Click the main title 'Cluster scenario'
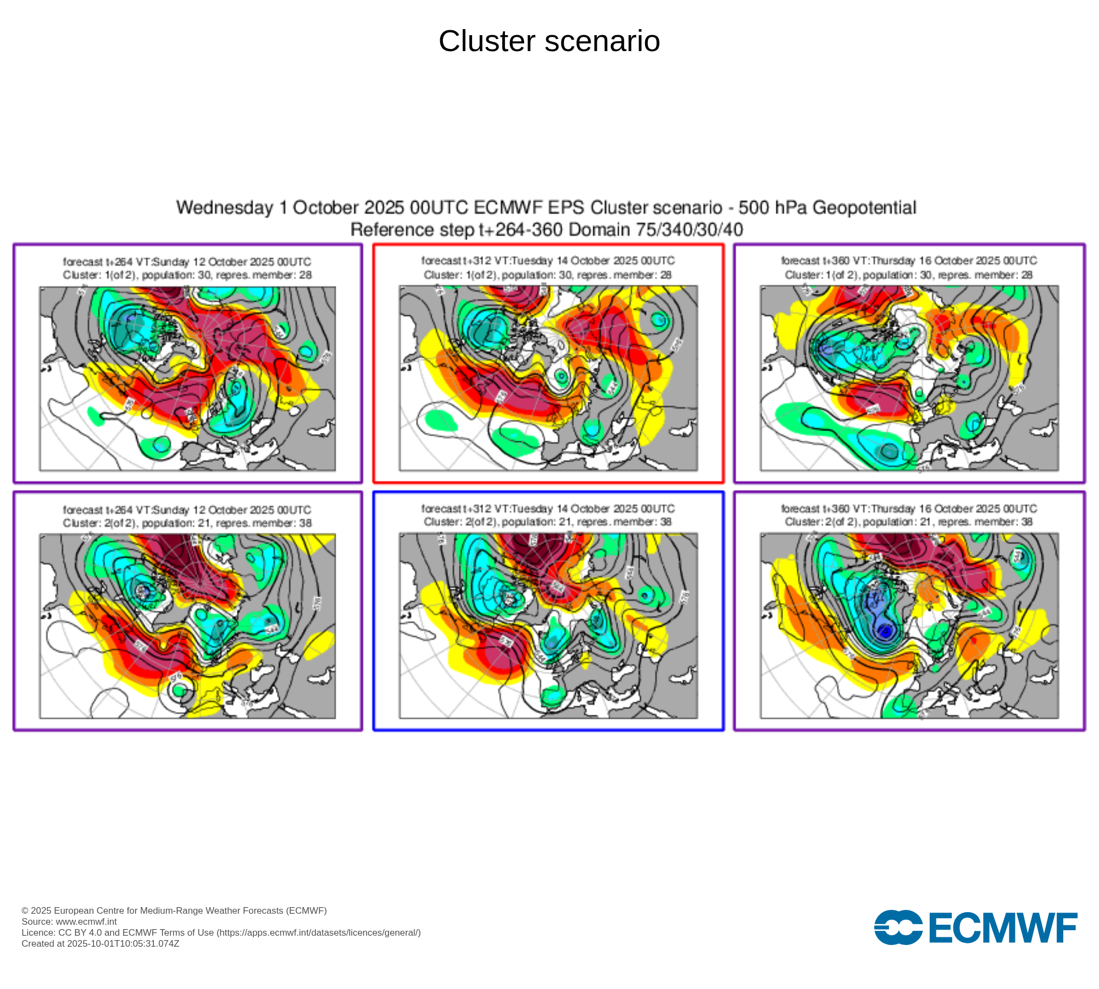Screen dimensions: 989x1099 (x=549, y=41)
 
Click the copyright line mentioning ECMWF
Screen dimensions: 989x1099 (x=174, y=910)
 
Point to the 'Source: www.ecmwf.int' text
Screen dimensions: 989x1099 (x=69, y=921)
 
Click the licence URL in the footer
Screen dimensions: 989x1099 (x=319, y=932)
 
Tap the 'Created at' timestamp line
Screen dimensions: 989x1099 (x=100, y=943)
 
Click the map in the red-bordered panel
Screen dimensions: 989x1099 (x=548, y=378)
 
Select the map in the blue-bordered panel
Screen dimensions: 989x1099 (x=548, y=625)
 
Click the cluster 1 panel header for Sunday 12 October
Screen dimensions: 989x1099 (x=187, y=268)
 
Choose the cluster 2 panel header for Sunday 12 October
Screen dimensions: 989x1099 (x=187, y=516)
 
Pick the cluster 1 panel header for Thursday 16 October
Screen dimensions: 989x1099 (x=909, y=268)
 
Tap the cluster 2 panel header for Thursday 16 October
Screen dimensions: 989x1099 (x=909, y=515)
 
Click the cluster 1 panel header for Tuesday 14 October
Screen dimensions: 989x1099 (x=548, y=268)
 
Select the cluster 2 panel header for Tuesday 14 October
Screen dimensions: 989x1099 (x=548, y=515)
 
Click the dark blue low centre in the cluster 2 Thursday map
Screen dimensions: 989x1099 (x=885, y=632)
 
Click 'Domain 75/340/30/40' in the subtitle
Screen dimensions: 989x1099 (x=656, y=230)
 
